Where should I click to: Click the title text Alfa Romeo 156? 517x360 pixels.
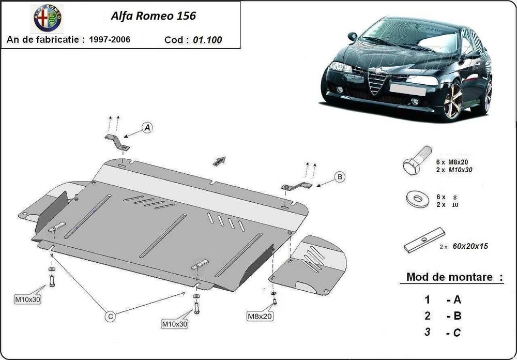click(154, 16)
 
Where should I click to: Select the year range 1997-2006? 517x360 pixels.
click(109, 39)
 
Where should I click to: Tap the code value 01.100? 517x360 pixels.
click(207, 40)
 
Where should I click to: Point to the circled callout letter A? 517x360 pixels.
click(147, 127)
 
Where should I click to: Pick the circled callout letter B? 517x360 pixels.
click(340, 177)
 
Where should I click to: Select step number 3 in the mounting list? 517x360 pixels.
click(427, 332)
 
